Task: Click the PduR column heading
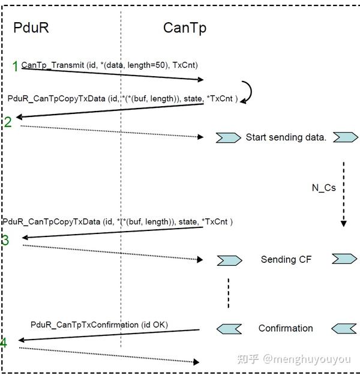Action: pos(31,28)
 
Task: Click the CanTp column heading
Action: pos(185,28)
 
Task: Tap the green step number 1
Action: pos(16,66)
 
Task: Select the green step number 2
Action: pos(8,122)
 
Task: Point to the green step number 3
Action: pos(5,240)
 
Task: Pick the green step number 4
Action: pos(4,342)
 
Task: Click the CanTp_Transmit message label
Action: pos(110,65)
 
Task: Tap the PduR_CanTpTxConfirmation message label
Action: pos(99,325)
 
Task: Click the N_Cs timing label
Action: pos(324,188)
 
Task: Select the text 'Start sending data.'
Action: pos(286,137)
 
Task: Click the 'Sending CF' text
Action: pos(286,259)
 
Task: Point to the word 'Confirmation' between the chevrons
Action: pos(286,328)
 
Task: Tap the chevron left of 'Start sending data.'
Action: pos(229,138)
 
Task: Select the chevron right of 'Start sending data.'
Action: pos(346,137)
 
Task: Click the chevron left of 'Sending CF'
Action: pos(230,260)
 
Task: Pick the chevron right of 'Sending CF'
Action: pos(344,259)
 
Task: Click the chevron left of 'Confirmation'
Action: pos(229,329)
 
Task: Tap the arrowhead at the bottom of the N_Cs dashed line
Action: pos(344,224)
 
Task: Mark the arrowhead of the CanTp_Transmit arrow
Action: pos(200,79)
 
